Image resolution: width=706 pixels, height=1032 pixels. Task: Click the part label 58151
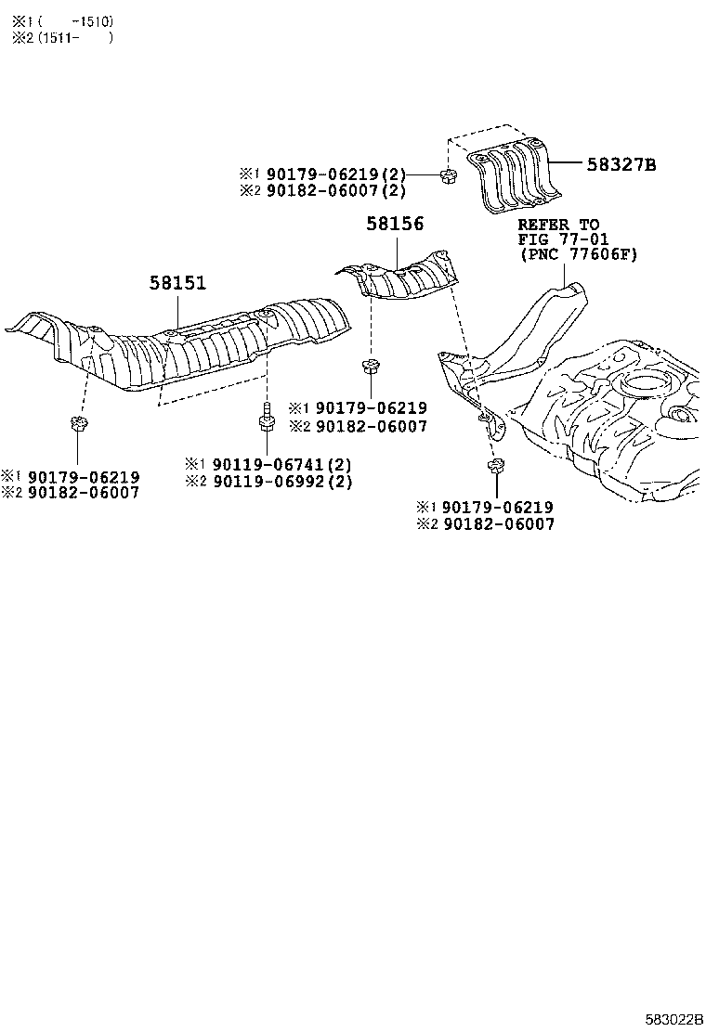coord(177,283)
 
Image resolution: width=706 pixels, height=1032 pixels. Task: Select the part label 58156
coord(395,224)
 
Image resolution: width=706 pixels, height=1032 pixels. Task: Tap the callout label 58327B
coord(621,165)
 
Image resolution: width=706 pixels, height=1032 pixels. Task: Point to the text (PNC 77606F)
coord(578,254)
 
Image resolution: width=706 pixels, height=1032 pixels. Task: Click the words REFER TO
coord(558,225)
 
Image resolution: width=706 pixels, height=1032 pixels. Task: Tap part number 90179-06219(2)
coord(336,174)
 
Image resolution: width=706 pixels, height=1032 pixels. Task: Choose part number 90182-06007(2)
coord(336,190)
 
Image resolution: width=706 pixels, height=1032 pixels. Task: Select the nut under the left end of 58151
coord(76,426)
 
